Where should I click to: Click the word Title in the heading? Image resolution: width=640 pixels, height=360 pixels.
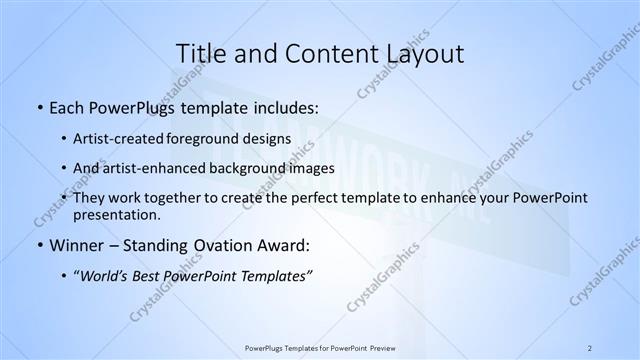pos(200,53)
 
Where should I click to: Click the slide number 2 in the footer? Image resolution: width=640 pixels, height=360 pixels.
pos(589,347)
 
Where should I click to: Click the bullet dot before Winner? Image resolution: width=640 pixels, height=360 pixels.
pos(39,244)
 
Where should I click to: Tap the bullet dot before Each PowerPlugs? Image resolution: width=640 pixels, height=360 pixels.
pos(39,105)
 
